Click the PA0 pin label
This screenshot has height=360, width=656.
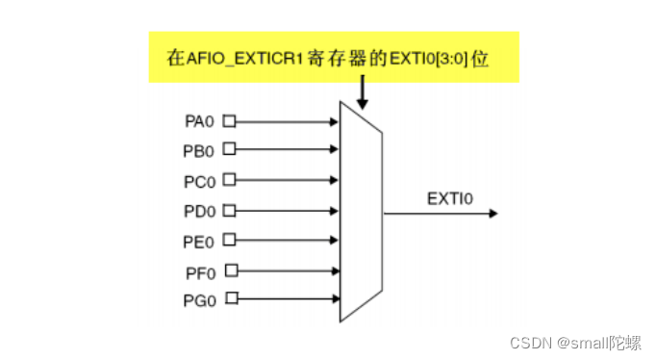pyautogui.click(x=198, y=122)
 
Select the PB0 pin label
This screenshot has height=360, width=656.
pyautogui.click(x=198, y=150)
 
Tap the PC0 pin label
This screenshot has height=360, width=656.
pyautogui.click(x=198, y=180)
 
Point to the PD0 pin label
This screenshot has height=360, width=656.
pyautogui.click(x=198, y=210)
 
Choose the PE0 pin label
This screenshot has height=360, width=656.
pyautogui.click(x=198, y=239)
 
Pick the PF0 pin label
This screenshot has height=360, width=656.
pyautogui.click(x=198, y=272)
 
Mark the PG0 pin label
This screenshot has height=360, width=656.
pyautogui.click(x=198, y=299)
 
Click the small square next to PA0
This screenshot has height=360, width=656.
pyautogui.click(x=229, y=122)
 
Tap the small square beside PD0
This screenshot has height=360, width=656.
pyautogui.click(x=229, y=210)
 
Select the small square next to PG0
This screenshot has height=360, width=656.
pyautogui.click(x=231, y=298)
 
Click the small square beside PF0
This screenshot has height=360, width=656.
pyautogui.click(x=231, y=271)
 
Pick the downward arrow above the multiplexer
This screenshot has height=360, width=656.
pyautogui.click(x=363, y=91)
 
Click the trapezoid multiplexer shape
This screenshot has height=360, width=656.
pyautogui.click(x=362, y=212)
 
